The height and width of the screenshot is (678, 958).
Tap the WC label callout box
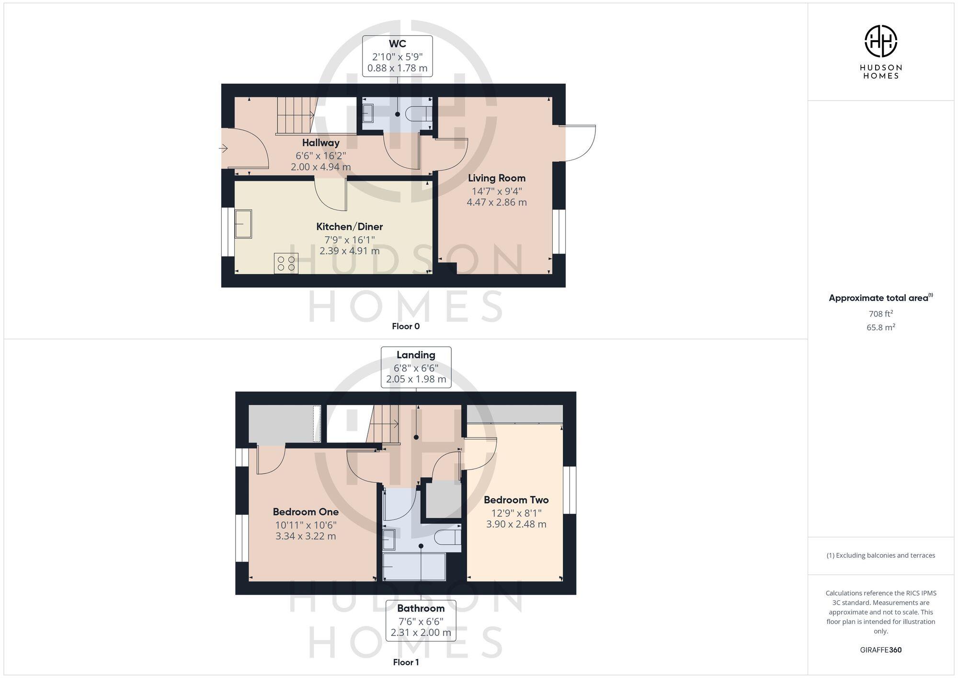[398, 56]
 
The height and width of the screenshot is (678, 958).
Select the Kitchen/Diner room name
[350, 227]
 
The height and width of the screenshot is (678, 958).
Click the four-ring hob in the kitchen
[286, 263]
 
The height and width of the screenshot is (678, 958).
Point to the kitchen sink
[243, 224]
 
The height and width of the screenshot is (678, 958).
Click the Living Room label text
[497, 178]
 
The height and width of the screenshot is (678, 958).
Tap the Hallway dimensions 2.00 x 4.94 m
[320, 167]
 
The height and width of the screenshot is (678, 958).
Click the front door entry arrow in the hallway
[223, 149]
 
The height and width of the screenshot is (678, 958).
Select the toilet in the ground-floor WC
[418, 114]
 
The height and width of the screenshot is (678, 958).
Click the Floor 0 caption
[406, 326]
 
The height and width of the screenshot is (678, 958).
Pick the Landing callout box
[416, 368]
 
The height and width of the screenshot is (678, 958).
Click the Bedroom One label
[306, 512]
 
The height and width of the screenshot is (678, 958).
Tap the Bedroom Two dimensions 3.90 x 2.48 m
[516, 524]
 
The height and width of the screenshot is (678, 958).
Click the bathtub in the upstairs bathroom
[414, 566]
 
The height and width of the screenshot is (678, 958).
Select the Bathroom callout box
[421, 621]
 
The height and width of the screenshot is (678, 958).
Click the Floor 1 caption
[406, 662]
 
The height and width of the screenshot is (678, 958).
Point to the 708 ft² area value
[880, 314]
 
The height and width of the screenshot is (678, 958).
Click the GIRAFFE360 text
[880, 650]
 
